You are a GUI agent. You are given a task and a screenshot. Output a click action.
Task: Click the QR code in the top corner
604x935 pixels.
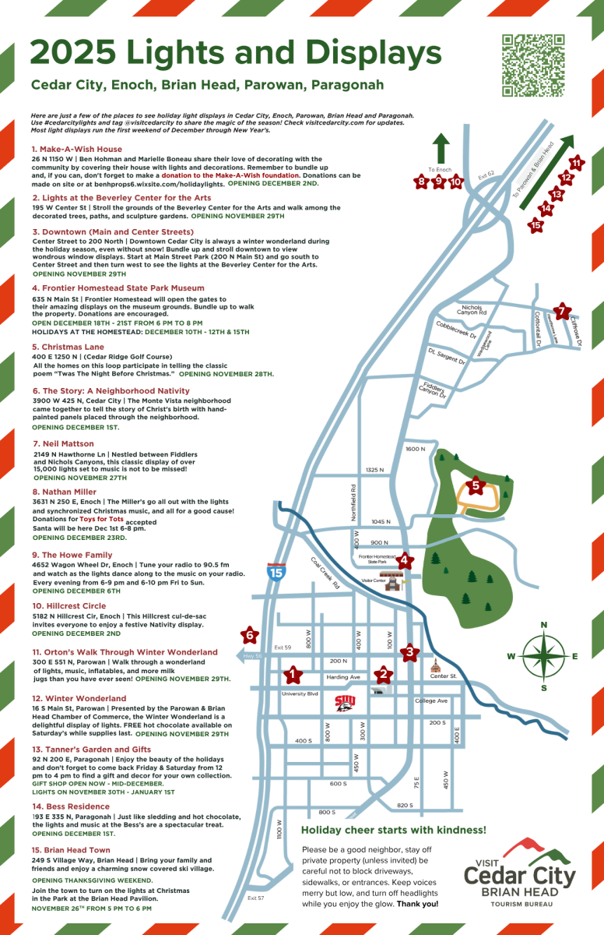(x=534, y=65)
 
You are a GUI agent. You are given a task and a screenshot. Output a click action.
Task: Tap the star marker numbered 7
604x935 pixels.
(x=564, y=310)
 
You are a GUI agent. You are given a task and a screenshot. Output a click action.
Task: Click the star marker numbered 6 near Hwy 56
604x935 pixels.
(x=250, y=635)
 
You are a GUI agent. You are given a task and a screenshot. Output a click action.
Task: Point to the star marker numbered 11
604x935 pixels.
(x=576, y=163)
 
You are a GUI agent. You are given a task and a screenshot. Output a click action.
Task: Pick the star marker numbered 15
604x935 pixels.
(x=536, y=226)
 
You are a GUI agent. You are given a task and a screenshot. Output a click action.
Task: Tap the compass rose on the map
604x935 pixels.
(x=544, y=656)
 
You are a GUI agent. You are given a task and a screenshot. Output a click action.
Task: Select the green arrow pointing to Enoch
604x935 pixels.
(x=440, y=148)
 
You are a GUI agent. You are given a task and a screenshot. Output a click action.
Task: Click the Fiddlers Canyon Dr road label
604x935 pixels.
(x=434, y=390)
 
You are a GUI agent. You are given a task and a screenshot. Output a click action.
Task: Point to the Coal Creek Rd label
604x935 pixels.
(x=326, y=573)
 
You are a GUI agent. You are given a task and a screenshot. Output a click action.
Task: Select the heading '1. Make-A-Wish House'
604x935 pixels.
(x=77, y=149)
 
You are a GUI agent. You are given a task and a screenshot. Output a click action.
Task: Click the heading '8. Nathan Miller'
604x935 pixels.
(x=65, y=492)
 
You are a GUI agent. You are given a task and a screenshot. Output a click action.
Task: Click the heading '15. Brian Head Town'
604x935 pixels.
(x=71, y=850)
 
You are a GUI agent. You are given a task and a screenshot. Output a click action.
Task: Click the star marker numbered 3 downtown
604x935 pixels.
(x=409, y=652)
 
